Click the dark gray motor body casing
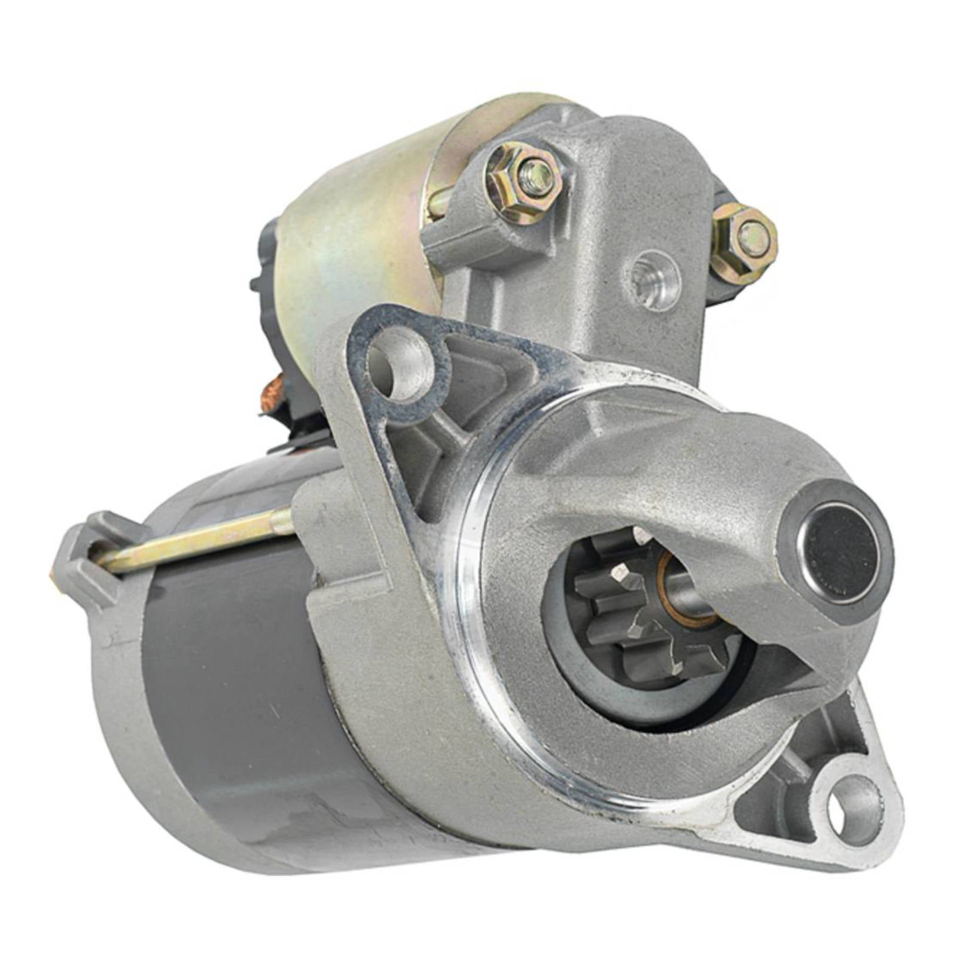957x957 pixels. coord(239,688)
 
